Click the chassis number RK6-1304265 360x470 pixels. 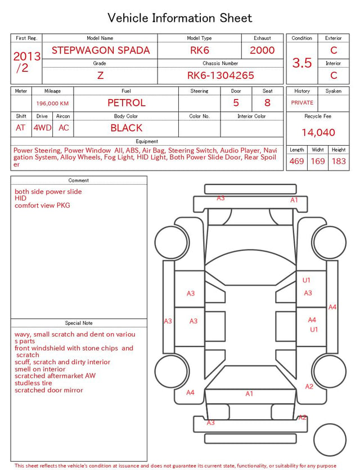coord(220,75)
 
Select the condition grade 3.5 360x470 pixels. coord(302,63)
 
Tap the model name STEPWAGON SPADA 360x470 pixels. coord(101,50)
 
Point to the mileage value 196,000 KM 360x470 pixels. coord(52,104)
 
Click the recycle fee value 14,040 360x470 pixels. coord(318,132)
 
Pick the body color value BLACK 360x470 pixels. coord(127,128)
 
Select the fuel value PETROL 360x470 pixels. coord(127,103)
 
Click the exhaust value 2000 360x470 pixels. coord(262,50)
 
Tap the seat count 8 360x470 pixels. coord(267,103)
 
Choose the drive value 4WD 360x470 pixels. coord(42,128)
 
